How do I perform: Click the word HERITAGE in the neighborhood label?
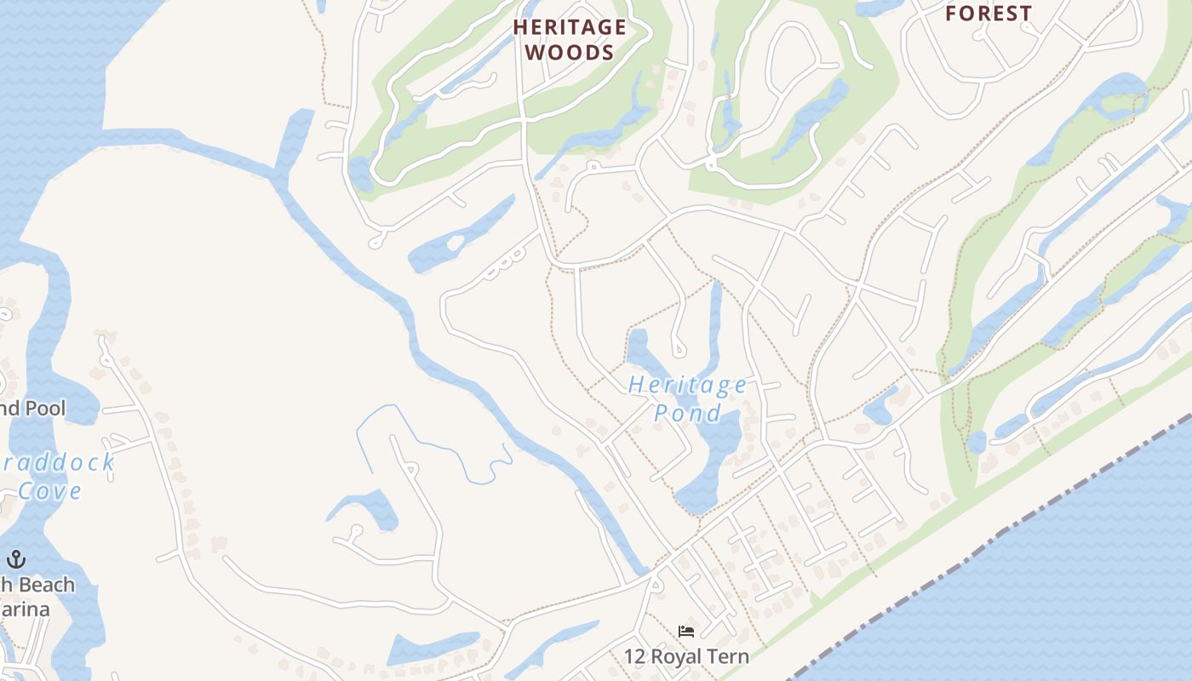[x=570, y=27]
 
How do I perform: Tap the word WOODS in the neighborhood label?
[x=570, y=53]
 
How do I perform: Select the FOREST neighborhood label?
[x=989, y=14]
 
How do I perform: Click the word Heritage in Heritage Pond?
[x=688, y=386]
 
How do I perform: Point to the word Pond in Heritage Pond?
[x=687, y=415]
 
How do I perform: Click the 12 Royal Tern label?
[x=686, y=656]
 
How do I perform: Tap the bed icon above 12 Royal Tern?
[x=686, y=632]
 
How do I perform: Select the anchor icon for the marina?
[x=15, y=559]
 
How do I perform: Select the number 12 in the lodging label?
[x=634, y=656]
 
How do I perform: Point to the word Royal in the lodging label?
[x=677, y=656]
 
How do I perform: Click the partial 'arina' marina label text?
[x=26, y=609]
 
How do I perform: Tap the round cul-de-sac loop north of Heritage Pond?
[x=679, y=348]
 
